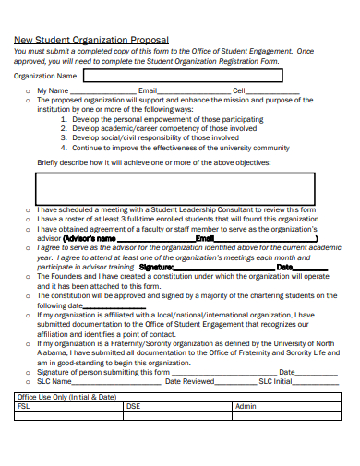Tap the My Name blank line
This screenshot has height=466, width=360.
pyautogui.click(x=103, y=92)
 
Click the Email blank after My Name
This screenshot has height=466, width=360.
pyautogui.click(x=195, y=92)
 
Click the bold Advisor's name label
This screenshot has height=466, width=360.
pyautogui.click(x=89, y=238)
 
